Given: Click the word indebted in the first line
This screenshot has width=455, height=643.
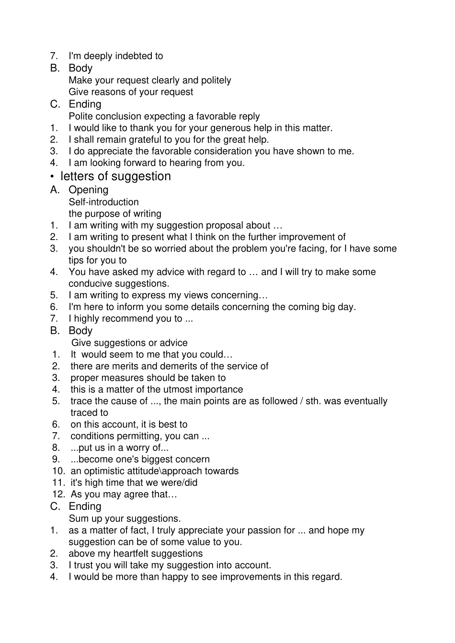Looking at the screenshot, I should click(132, 56).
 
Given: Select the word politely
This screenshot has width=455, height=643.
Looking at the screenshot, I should click(215, 80).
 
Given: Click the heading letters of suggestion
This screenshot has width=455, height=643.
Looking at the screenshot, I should click(115, 176).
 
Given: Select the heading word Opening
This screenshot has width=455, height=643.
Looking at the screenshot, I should click(89, 190).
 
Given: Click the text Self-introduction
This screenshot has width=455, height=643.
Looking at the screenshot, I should click(103, 202).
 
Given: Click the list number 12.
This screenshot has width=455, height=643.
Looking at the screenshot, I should click(58, 494).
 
